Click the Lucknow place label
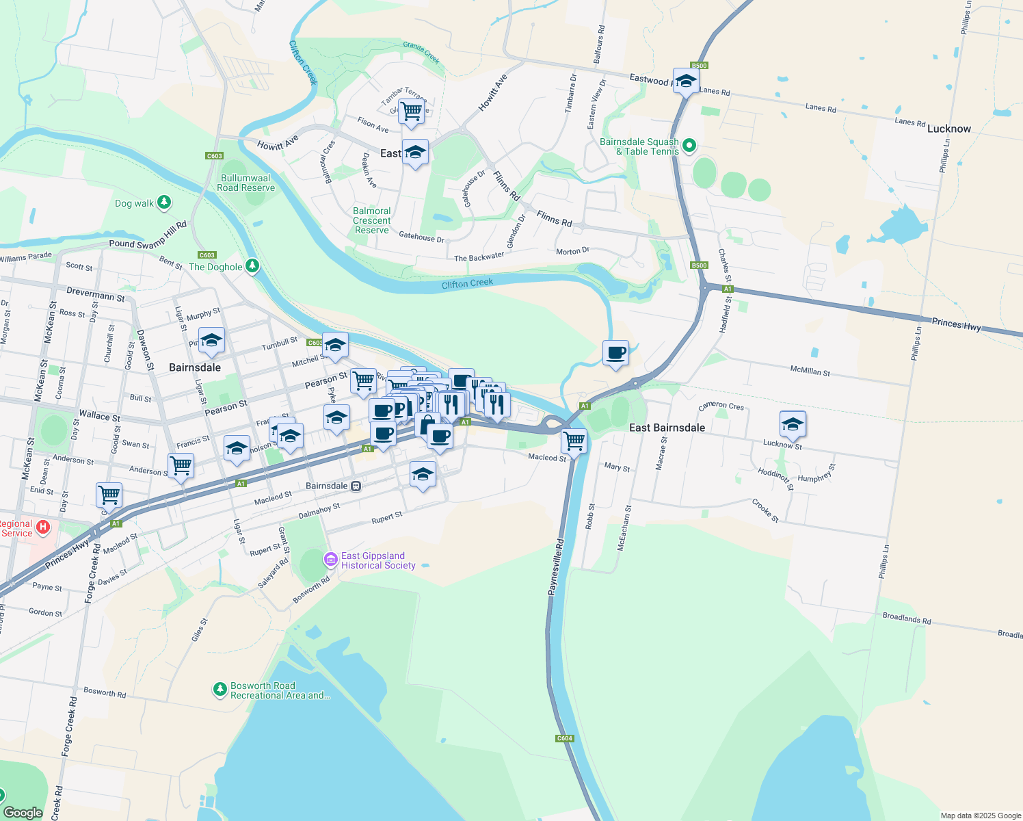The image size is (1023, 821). [948, 129]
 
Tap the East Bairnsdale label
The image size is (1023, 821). [667, 428]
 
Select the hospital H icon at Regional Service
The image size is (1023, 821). [43, 526]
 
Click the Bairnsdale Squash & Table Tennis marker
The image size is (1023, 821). [689, 145]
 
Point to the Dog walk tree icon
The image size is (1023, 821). [163, 203]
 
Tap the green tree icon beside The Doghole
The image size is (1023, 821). [252, 265]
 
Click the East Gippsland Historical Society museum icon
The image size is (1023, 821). [331, 560]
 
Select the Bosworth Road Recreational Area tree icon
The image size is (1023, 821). [220, 689]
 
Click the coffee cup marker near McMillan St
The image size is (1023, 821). [616, 354]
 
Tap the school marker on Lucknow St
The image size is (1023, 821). [793, 424]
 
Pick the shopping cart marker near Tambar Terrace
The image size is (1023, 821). [411, 111]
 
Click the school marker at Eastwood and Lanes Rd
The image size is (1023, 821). [685, 81]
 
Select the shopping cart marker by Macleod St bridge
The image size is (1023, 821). [574, 441]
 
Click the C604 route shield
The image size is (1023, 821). [564, 738]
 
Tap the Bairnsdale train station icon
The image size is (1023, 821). [356, 486]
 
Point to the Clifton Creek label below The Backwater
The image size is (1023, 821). [467, 283]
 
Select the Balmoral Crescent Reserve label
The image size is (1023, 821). [372, 220]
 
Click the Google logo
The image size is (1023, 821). [23, 812]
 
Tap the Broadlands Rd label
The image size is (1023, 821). [906, 618]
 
